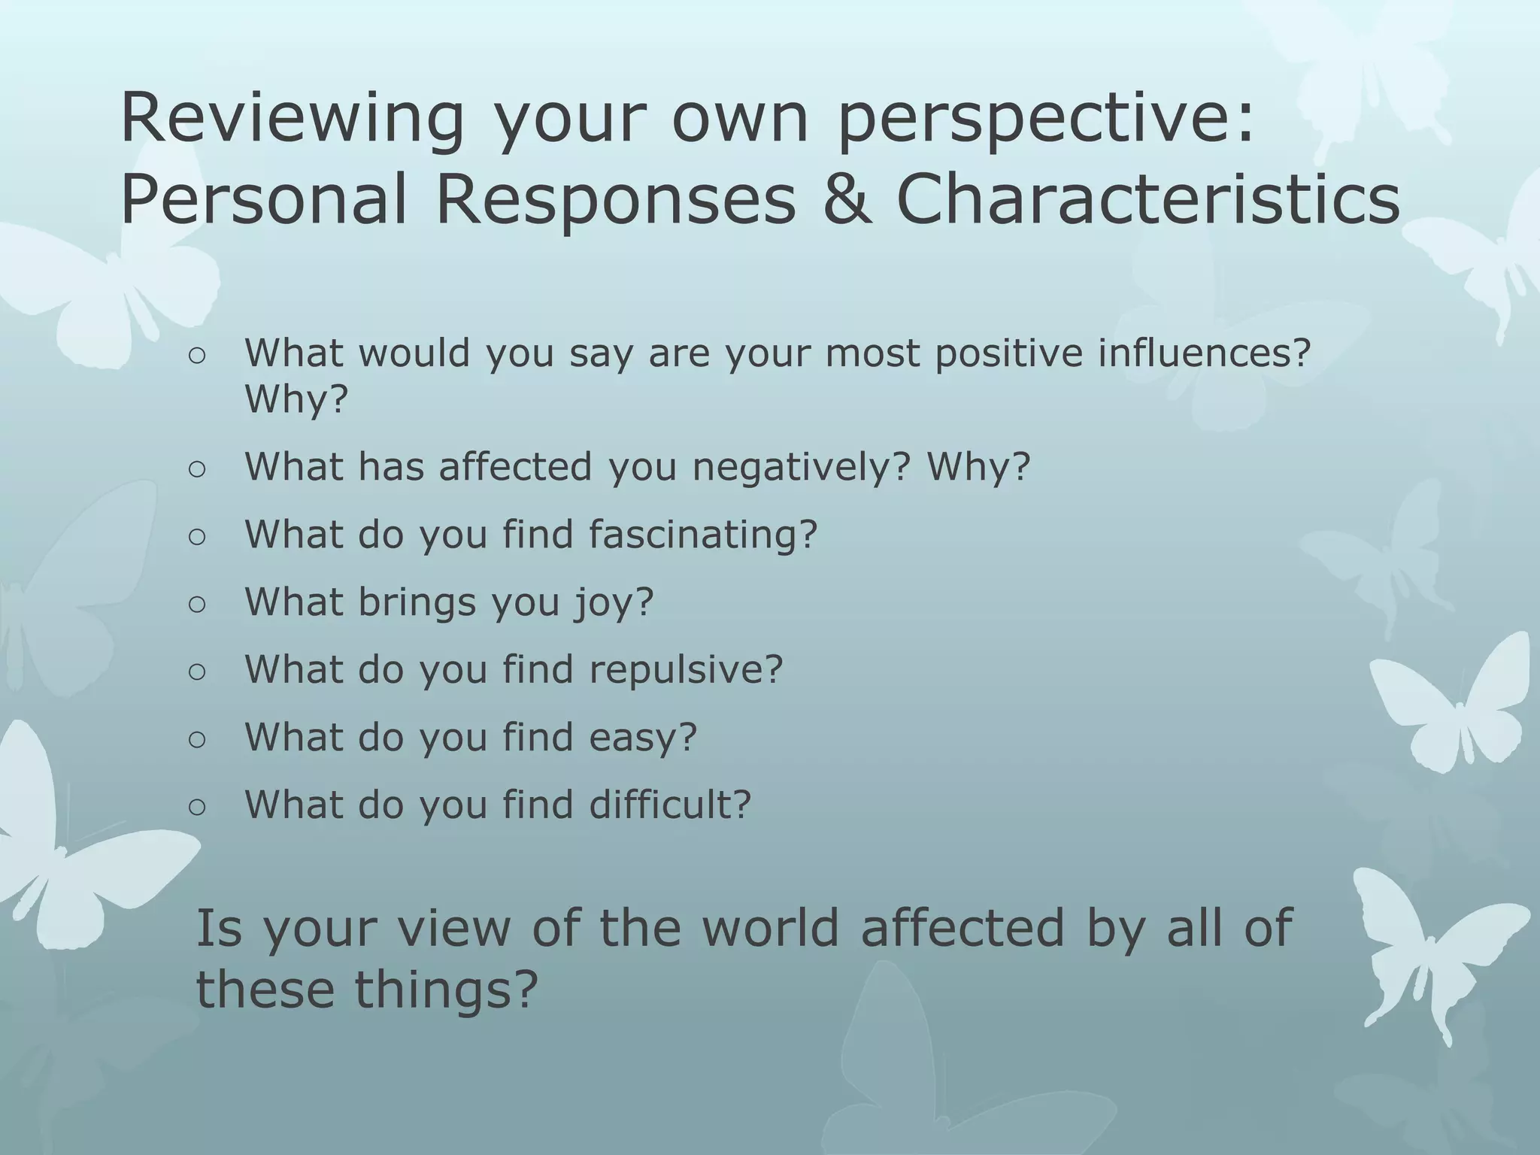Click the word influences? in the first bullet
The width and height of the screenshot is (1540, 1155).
click(1204, 353)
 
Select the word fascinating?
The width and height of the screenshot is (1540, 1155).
click(702, 535)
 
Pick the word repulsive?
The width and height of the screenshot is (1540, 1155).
click(686, 669)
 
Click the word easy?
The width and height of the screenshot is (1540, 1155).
click(643, 737)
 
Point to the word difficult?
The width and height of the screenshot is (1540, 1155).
click(670, 805)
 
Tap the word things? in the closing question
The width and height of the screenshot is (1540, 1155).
click(447, 989)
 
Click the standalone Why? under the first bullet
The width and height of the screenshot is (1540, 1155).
click(297, 399)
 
